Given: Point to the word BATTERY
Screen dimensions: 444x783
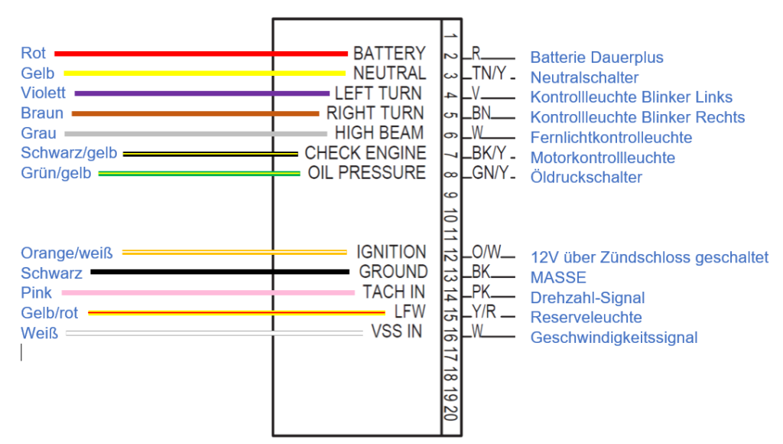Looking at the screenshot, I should [388, 54].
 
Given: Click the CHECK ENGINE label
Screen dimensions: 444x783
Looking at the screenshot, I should [365, 153].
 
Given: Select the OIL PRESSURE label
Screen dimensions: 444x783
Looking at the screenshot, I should [366, 172].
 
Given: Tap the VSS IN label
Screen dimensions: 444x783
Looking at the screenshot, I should [397, 332].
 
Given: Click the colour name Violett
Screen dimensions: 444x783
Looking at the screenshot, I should [44, 93].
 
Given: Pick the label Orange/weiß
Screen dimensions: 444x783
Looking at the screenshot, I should [67, 253].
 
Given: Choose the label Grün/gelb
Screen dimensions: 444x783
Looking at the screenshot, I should [56, 173].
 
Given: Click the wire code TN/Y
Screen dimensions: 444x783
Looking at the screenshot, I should [489, 73].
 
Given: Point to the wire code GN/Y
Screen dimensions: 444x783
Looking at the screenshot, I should [489, 173].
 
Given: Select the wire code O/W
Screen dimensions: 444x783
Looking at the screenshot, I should [486, 252].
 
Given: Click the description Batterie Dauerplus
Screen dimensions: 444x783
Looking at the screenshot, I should [596, 57].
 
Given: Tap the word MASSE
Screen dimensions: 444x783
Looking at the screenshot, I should [558, 277].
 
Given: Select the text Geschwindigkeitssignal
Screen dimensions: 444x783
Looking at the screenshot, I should [613, 338].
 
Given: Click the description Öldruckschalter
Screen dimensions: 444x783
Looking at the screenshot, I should [586, 178].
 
